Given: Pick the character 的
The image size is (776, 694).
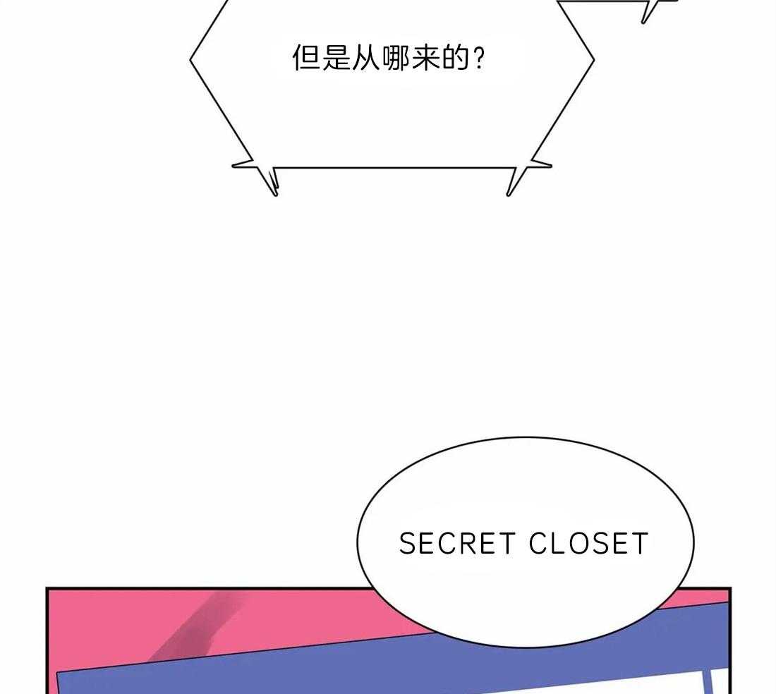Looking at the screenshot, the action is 455,59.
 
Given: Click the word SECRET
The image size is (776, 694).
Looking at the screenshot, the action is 457,543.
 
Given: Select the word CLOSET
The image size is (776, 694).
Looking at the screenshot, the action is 588,543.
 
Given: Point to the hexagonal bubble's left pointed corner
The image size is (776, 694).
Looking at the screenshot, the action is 190,61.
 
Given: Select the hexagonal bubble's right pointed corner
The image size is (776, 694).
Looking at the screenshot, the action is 593,61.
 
